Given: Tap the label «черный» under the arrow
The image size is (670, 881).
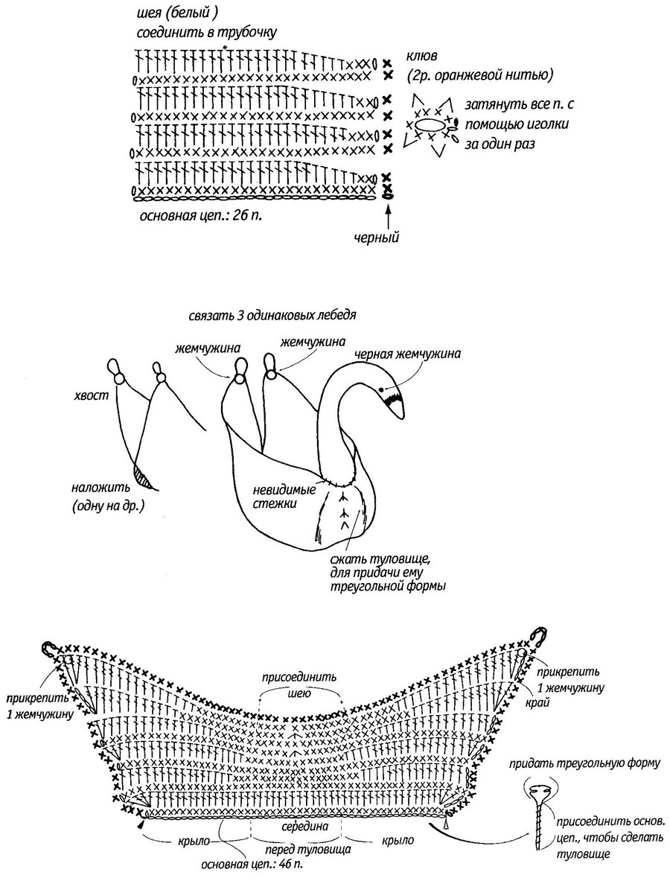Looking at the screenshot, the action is click(x=376, y=237).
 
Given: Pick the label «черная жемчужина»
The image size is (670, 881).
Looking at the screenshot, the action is click(x=408, y=354).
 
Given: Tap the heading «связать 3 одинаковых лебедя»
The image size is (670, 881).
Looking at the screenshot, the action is click(x=272, y=314).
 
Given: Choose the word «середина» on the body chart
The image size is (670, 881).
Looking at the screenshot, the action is click(x=305, y=827).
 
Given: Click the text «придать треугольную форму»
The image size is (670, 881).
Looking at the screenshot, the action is click(x=584, y=763).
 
